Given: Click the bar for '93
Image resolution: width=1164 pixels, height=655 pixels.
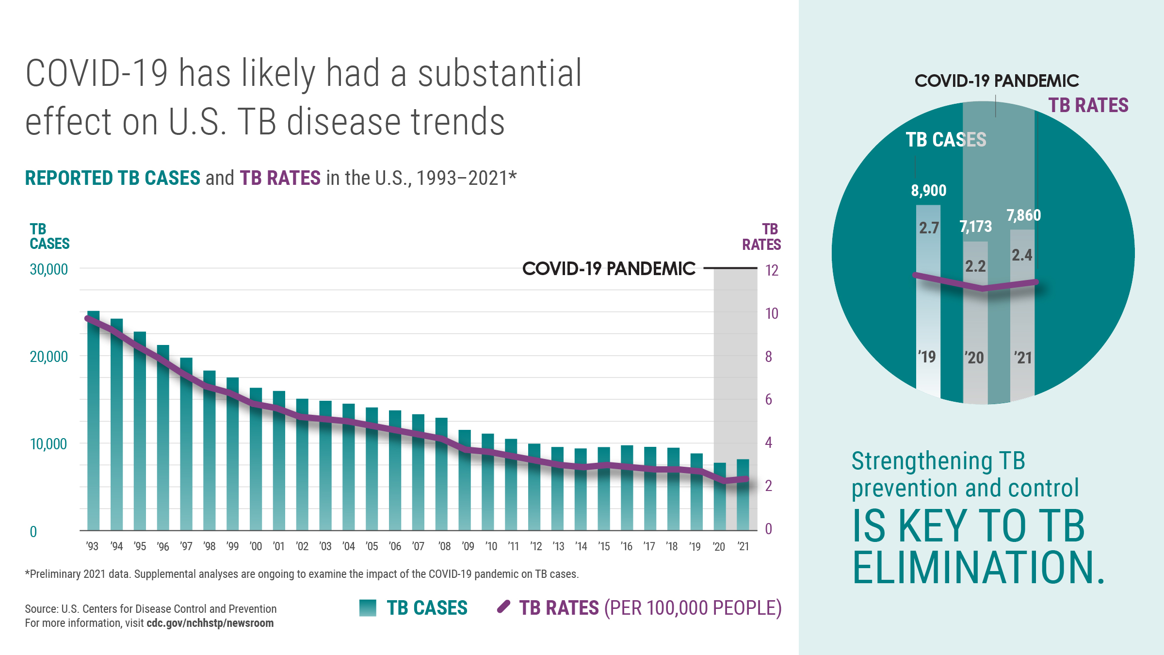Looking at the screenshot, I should click(x=93, y=422).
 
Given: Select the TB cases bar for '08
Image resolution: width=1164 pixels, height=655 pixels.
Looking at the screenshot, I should click(x=441, y=475).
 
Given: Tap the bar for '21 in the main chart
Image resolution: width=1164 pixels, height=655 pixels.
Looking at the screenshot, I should click(x=743, y=495).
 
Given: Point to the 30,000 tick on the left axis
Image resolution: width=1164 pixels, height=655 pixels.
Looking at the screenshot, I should click(x=48, y=269).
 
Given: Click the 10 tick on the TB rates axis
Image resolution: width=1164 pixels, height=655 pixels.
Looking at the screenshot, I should click(x=772, y=313).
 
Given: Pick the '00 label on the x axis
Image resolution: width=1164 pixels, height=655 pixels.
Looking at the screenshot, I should click(x=256, y=546).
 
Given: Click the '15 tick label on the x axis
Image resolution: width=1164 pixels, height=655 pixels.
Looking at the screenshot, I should click(x=604, y=546).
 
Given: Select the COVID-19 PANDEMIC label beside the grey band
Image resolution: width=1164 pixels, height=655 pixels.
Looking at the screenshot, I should click(x=609, y=268).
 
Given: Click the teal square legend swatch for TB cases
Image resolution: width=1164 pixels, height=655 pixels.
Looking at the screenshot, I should click(x=368, y=608).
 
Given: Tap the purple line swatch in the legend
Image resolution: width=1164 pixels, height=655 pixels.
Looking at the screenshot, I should click(x=504, y=607).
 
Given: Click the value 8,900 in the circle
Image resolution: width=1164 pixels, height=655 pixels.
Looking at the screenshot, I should click(x=928, y=190).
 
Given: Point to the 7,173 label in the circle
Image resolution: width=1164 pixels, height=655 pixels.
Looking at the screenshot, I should click(x=975, y=227).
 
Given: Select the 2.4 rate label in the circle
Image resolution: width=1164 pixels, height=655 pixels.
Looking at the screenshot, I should click(x=1021, y=255).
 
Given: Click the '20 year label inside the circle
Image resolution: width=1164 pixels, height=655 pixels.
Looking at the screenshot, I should click(x=974, y=358).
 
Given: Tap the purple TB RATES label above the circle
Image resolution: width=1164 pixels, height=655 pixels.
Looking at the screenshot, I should click(x=1088, y=105).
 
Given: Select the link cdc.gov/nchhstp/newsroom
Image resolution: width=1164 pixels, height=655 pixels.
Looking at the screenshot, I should click(x=210, y=623).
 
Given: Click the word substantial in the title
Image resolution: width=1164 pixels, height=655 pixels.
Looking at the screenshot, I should click(x=500, y=74).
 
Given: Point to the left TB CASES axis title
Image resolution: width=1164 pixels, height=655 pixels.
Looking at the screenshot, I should click(x=49, y=236).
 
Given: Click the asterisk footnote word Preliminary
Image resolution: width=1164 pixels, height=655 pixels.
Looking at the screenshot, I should click(x=55, y=574).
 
